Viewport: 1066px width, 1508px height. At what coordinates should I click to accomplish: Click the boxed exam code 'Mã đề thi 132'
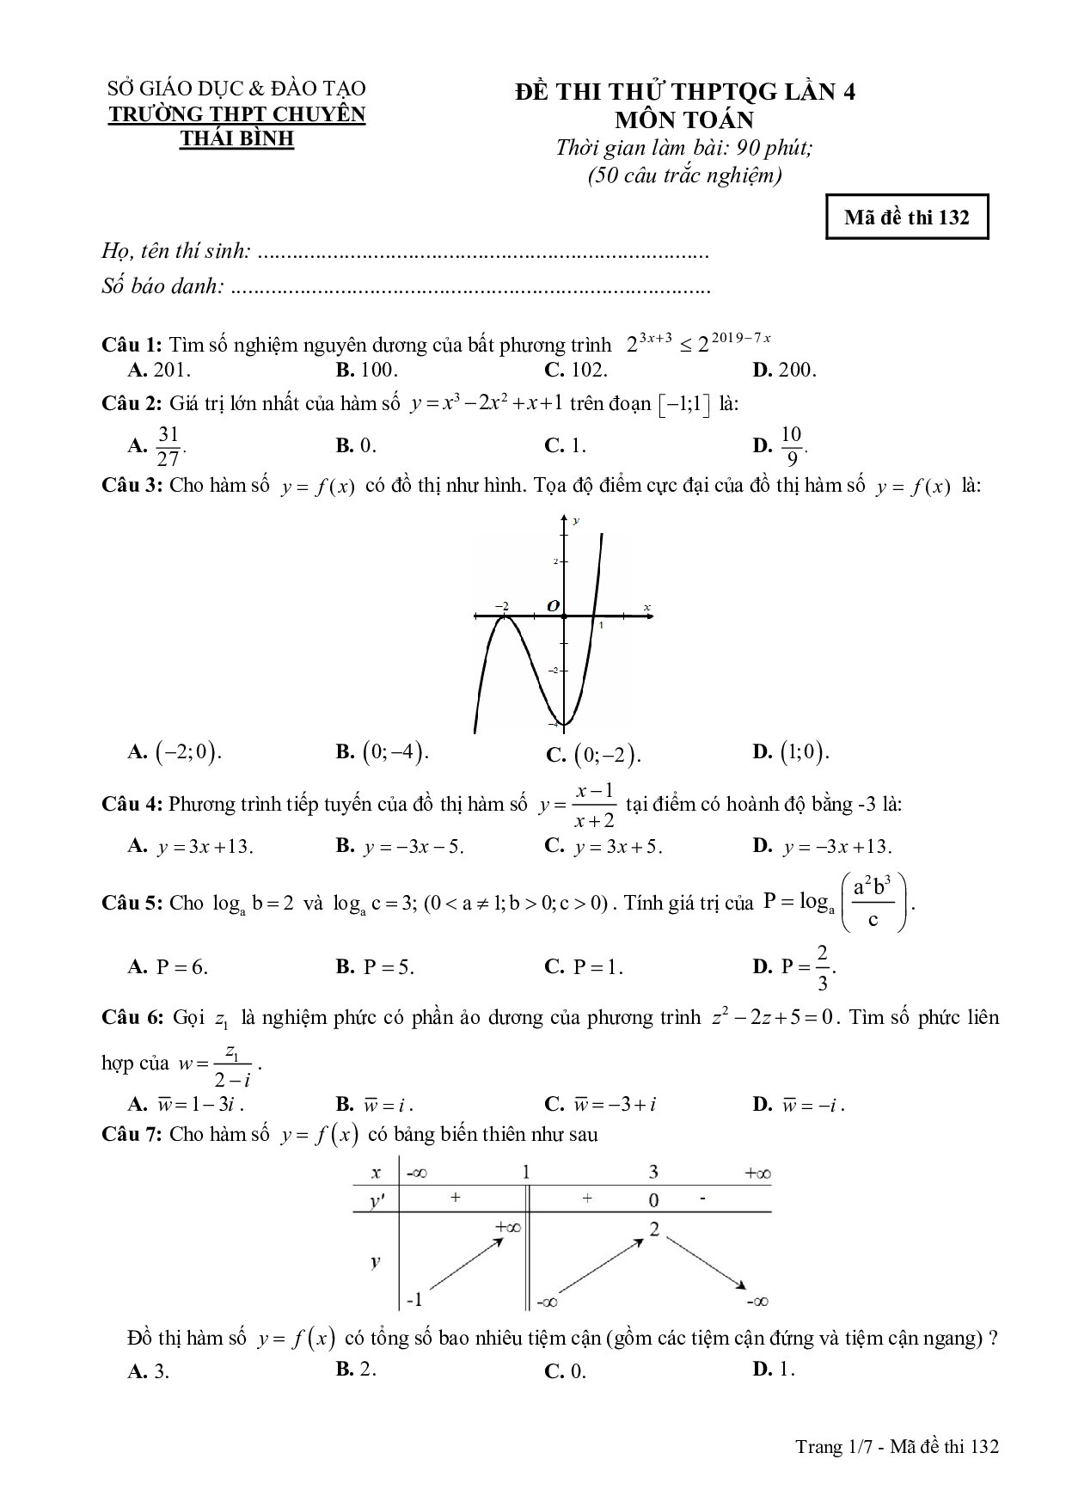pyautogui.click(x=906, y=218)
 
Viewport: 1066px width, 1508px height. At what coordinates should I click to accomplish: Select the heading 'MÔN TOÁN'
pyautogui.click(x=684, y=120)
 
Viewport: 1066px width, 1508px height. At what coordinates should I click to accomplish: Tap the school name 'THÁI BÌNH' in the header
pyautogui.click(x=236, y=138)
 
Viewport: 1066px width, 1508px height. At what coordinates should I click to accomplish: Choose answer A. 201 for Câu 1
pyautogui.click(x=160, y=371)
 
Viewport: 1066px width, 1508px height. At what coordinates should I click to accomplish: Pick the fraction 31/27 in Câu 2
pyautogui.click(x=168, y=445)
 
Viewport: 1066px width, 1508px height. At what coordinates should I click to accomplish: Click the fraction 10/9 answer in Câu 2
pyautogui.click(x=792, y=445)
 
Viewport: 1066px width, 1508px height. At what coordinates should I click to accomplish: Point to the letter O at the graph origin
pyautogui.click(x=554, y=606)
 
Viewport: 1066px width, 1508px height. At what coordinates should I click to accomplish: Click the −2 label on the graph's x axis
pyautogui.click(x=503, y=606)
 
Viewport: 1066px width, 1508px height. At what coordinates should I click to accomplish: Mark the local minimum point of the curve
pyautogui.click(x=563, y=723)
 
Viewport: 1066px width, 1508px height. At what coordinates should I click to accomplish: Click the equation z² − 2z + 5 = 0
pyautogui.click(x=774, y=1018)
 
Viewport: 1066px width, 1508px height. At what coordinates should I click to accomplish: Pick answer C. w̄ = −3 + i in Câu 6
pyautogui.click(x=606, y=1105)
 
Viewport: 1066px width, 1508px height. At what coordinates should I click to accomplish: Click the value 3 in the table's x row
pyautogui.click(x=653, y=1171)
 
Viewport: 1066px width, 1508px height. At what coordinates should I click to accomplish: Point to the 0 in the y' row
pyautogui.click(x=653, y=1199)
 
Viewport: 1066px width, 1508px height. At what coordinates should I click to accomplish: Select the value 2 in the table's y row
pyautogui.click(x=654, y=1229)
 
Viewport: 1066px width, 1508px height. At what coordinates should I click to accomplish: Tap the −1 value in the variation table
pyautogui.click(x=414, y=1299)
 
